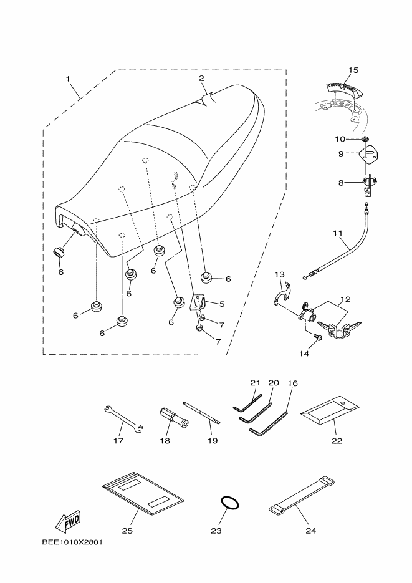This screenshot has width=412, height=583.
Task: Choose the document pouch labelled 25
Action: click(x=143, y=494)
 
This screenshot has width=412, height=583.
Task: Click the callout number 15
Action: click(x=353, y=69)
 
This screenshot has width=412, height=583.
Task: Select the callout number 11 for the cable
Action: click(x=338, y=233)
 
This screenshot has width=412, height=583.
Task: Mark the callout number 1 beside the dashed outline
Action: click(x=68, y=79)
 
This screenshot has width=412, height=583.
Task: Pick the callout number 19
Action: click(x=212, y=441)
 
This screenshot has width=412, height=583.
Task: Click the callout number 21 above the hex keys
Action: click(x=254, y=382)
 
